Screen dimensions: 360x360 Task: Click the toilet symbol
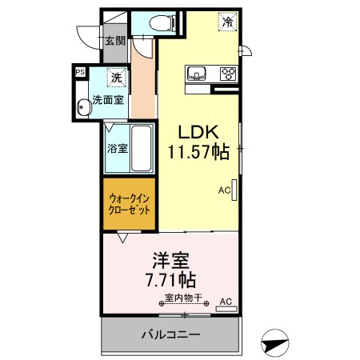pos(162,23)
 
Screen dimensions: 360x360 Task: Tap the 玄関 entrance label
pos(115,41)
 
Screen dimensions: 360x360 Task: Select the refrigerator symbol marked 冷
pos(227,22)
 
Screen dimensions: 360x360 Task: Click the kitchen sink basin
pos(197,73)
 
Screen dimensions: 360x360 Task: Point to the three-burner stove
pos(229,74)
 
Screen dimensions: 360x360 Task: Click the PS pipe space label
pos(80,72)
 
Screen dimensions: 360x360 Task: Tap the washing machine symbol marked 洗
pos(117,78)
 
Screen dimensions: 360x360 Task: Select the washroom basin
pos(84,107)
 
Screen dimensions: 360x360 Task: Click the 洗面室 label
pos(108,100)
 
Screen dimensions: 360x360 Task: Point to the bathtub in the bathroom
pos(142,148)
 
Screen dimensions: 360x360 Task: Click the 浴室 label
pos(118,148)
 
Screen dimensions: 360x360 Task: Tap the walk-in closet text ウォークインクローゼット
pos(130,204)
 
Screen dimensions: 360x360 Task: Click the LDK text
pos(198,132)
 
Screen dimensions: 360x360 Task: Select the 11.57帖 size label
pos(198,151)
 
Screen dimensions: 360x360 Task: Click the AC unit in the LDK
pos(234,190)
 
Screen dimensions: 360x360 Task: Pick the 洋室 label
pos(171,261)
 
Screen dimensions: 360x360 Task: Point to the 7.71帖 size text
pos(171,280)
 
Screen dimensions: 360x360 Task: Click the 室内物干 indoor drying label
pos(183,298)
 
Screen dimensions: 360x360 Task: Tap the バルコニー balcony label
pos(170,334)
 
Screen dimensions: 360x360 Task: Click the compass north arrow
pos(275,343)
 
